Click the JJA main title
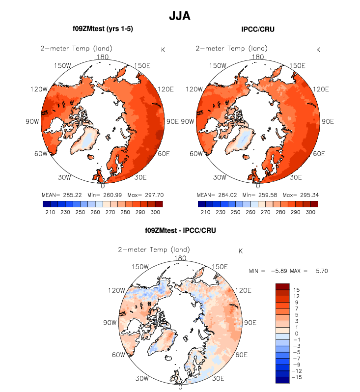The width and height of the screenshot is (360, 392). (180, 16)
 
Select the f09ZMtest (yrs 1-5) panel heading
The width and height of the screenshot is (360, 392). (103, 29)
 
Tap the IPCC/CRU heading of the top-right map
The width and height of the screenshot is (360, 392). (258, 29)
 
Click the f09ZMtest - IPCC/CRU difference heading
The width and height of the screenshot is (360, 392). (180, 230)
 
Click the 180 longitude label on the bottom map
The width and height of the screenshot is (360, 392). (180, 258)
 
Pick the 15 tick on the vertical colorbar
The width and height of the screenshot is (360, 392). (296, 290)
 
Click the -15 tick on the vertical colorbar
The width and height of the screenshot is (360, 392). (298, 377)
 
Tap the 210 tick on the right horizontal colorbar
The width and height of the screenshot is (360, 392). (202, 212)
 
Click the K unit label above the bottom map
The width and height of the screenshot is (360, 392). (240, 251)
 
